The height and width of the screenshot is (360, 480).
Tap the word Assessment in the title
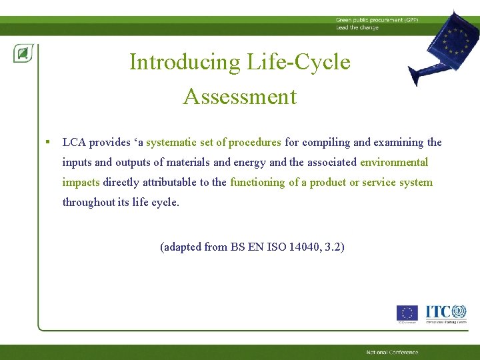[x=239, y=97]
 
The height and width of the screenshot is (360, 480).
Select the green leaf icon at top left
[x=23, y=53]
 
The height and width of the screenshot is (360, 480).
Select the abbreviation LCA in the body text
[x=74, y=142]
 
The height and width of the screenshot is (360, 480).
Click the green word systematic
[x=172, y=142]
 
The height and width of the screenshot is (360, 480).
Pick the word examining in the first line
[x=398, y=142]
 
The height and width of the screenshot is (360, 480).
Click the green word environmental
[x=394, y=162]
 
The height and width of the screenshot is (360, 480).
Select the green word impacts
[x=81, y=182]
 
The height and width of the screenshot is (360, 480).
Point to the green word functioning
[x=257, y=182]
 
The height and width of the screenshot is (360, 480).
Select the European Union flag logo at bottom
[x=407, y=313]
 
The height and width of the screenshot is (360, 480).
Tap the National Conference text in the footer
[x=392, y=352]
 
